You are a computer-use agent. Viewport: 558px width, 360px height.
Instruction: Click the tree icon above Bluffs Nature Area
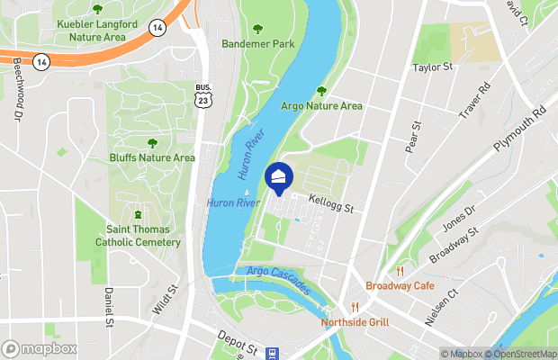[151, 142]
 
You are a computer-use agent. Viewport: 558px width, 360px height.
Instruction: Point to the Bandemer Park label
[258, 43]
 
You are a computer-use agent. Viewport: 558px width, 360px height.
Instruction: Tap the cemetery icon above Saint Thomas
[138, 214]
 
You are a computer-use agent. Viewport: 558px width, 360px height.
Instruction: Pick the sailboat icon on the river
[247, 192]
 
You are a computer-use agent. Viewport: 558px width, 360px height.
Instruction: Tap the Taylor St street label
[432, 67]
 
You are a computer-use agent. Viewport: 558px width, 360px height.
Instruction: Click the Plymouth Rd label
[519, 131]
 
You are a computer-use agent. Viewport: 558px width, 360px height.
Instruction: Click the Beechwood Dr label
[17, 90]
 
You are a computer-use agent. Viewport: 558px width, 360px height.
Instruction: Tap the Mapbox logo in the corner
[40, 348]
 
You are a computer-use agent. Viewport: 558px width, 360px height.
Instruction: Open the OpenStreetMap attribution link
[522, 354]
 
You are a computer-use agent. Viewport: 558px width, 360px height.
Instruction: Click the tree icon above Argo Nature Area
[321, 91]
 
